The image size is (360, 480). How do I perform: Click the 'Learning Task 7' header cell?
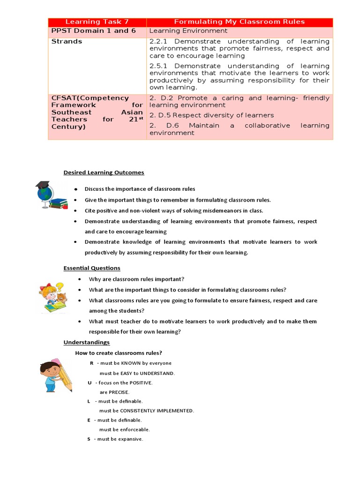tap(97, 22)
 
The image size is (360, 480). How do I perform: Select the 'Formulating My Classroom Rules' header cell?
tap(239, 22)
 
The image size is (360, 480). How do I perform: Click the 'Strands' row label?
tap(67, 41)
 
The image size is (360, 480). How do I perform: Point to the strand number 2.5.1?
tap(160, 66)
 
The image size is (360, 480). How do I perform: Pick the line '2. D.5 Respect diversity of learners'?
tap(211, 115)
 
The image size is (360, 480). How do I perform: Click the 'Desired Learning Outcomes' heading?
tap(104, 172)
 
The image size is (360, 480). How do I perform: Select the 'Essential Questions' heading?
tap(92, 268)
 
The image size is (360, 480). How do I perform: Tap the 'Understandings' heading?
tap(86, 343)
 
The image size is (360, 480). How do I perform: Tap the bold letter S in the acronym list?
tap(89, 439)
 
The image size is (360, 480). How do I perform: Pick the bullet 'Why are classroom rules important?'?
tap(134, 279)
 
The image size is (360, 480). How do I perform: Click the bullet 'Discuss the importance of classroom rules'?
tap(140, 189)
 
